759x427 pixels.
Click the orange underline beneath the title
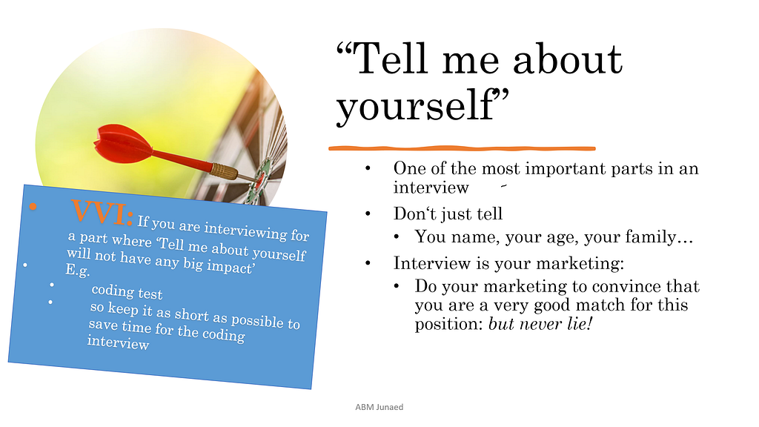click(462, 148)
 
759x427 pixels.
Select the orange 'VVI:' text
click(102, 213)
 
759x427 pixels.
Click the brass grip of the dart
click(224, 171)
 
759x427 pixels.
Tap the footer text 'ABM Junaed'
click(379, 407)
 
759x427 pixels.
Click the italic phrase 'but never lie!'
click(540, 324)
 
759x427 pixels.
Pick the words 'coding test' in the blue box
click(127, 291)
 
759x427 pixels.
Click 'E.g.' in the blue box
click(78, 270)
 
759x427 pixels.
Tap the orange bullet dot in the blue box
click(33, 207)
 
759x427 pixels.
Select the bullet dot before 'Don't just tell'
click(368, 213)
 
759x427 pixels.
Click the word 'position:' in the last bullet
click(448, 325)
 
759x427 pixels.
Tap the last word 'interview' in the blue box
click(118, 342)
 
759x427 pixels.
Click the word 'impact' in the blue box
click(231, 266)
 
